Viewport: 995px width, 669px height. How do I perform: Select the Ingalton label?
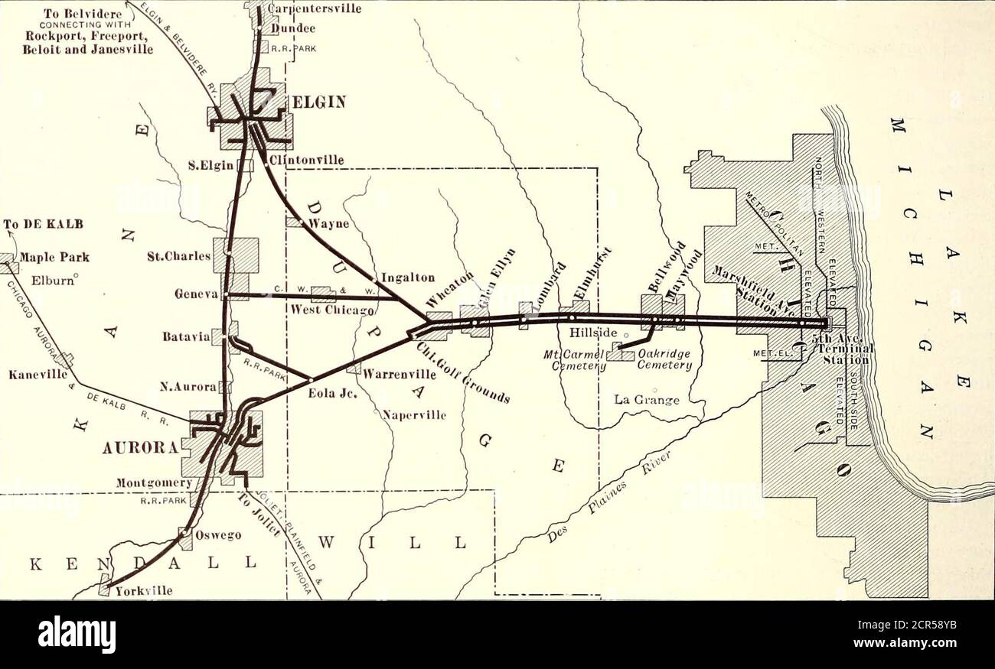(408, 278)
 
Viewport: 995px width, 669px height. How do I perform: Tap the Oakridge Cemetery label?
(664, 359)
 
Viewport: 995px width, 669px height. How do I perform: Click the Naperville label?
(414, 416)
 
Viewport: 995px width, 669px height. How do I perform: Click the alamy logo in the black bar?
(77, 635)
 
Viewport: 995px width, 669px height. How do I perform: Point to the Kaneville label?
(30, 375)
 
